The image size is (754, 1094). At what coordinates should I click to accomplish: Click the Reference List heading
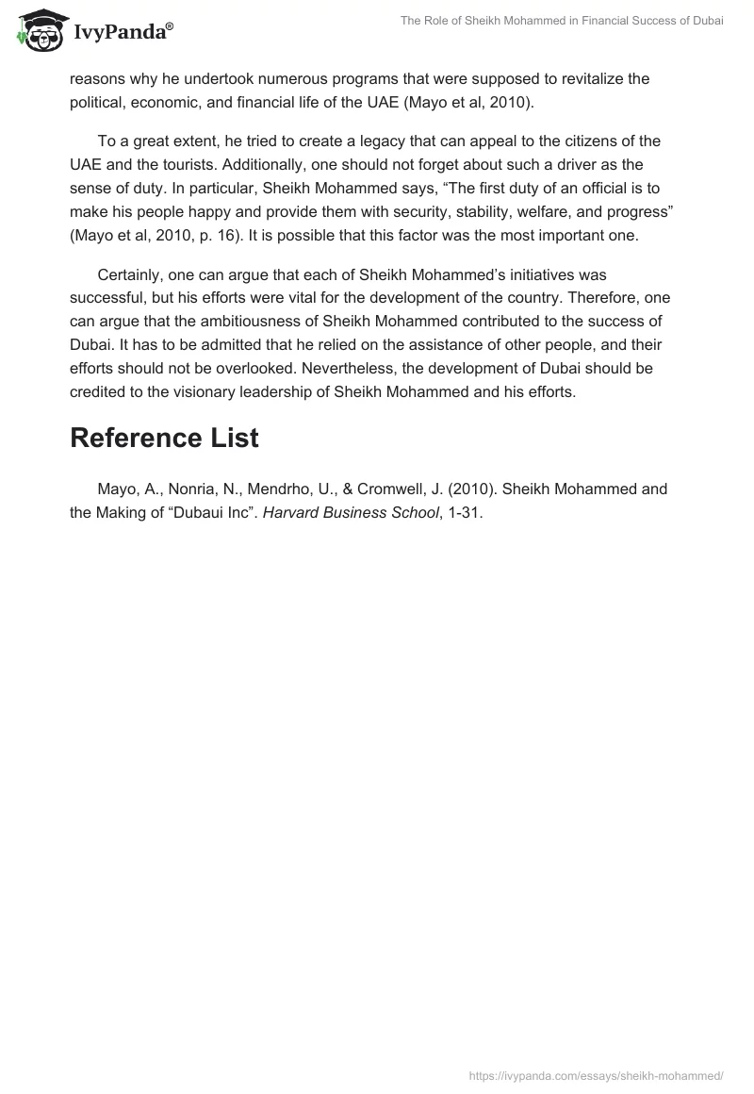click(x=164, y=439)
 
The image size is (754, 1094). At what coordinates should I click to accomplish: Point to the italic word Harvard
click(x=299, y=513)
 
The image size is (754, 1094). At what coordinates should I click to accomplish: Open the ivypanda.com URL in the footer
click(x=595, y=1074)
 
